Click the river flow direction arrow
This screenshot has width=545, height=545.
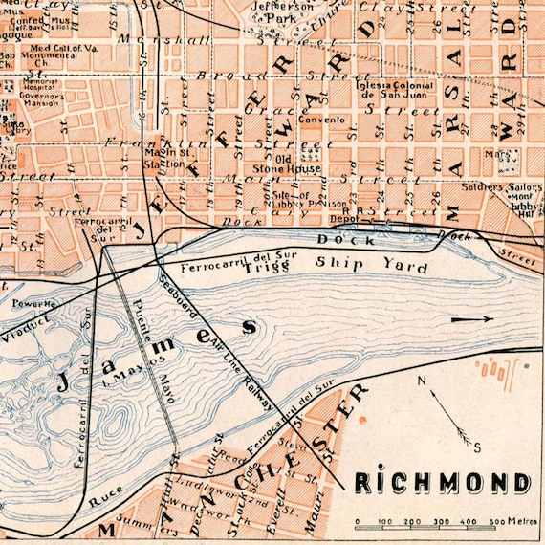tap(473, 319)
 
